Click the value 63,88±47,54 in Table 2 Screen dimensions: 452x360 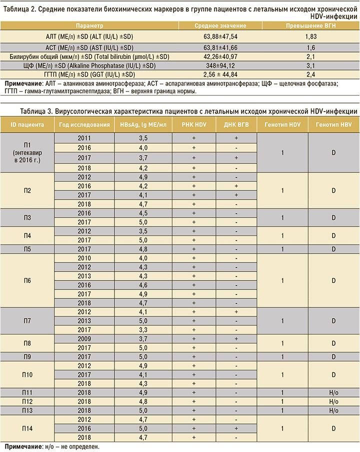coord(227,36)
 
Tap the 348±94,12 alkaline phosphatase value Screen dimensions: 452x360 coord(227,65)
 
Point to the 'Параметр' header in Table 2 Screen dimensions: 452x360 coord(89,25)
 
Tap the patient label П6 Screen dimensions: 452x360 coord(27,281)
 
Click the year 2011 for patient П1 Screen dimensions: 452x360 coord(84,137)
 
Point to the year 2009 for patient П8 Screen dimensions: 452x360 coord(84,338)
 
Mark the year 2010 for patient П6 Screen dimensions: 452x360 coord(84,258)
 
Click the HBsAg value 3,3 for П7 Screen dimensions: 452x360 coord(143,329)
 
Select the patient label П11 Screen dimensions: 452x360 coord(27,392)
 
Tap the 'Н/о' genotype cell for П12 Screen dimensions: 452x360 coord(333,401)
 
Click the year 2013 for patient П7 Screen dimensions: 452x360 coord(84,320)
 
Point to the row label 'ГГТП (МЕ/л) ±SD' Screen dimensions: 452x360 coord(89,74)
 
